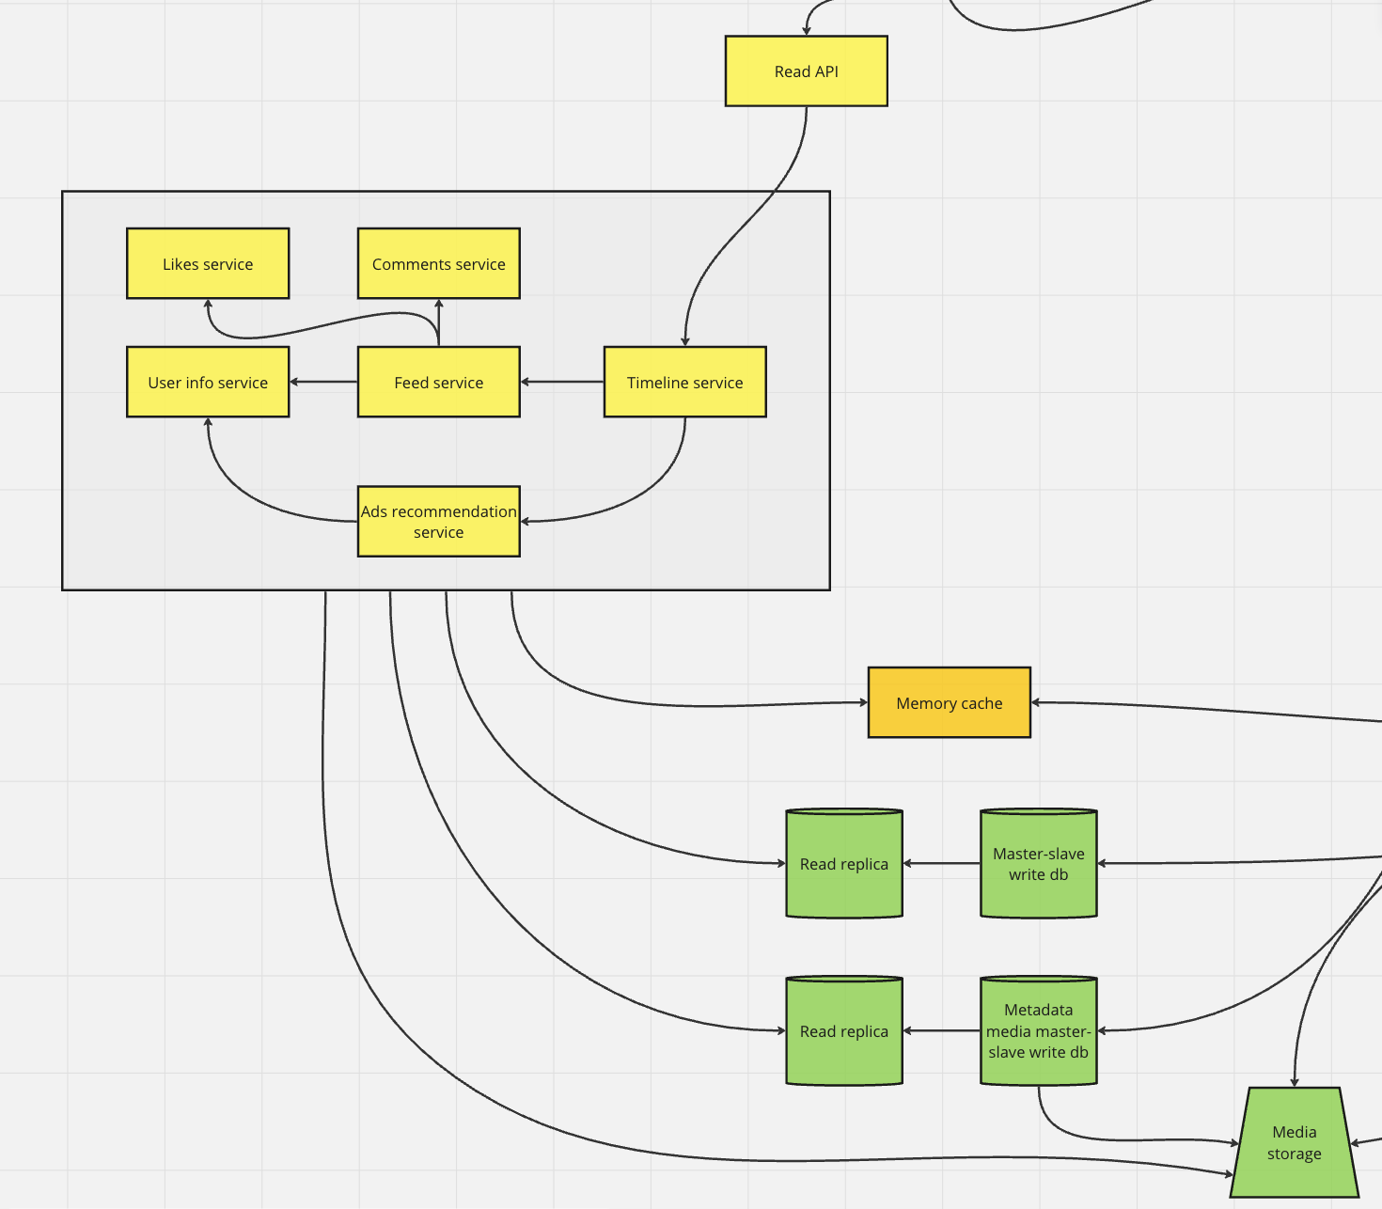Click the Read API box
click(806, 71)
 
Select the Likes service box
click(208, 264)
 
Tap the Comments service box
click(438, 264)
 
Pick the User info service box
click(208, 383)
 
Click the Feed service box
click(438, 383)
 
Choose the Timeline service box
click(684, 383)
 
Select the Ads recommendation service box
click(438, 522)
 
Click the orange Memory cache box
click(949, 703)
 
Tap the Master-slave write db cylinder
click(1038, 864)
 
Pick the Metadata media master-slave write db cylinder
click(1038, 1031)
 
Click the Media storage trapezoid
click(1294, 1143)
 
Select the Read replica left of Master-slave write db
click(843, 864)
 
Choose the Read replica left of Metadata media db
click(843, 1031)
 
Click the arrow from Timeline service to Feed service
click(562, 382)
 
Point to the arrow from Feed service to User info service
click(323, 382)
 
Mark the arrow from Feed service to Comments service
click(439, 322)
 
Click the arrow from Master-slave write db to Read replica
click(941, 863)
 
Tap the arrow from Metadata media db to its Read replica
click(941, 1031)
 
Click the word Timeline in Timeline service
click(657, 383)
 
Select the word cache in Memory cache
click(982, 703)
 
